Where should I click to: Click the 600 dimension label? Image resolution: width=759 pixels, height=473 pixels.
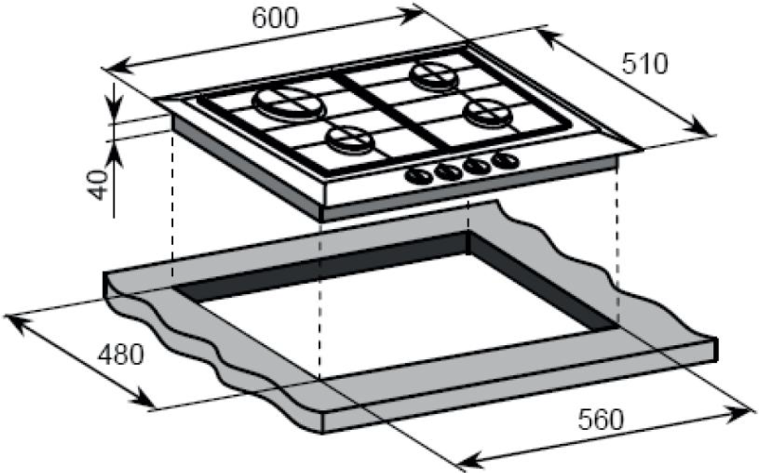276,18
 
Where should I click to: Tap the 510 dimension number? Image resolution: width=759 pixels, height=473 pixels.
645,64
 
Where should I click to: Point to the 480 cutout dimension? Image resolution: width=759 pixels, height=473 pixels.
121,355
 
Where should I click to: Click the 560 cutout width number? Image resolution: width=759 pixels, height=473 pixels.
601,419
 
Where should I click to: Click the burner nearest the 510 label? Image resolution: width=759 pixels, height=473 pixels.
433,75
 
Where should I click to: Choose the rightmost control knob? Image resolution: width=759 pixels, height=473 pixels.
505,160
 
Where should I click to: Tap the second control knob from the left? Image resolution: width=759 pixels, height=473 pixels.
448,171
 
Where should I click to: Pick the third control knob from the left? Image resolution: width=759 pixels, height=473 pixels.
477,165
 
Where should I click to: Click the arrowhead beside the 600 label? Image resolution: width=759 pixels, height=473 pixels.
414,14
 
